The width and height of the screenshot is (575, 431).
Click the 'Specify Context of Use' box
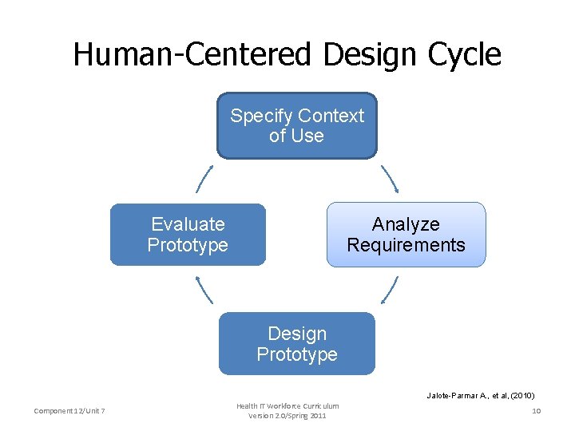click(x=296, y=126)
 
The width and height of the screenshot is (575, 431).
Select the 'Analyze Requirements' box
click(x=406, y=235)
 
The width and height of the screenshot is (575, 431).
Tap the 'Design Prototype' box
click(x=296, y=343)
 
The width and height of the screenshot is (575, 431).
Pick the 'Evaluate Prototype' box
click(x=188, y=235)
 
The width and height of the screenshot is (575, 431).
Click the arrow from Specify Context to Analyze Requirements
click(x=390, y=179)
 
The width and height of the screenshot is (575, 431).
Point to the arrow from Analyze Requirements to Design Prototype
click(x=390, y=289)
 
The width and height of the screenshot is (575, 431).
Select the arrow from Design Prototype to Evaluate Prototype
click(x=204, y=289)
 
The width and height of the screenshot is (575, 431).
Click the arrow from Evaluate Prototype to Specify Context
click(x=204, y=179)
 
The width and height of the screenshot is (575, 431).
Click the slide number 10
click(x=537, y=411)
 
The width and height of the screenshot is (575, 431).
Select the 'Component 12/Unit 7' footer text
click(x=70, y=411)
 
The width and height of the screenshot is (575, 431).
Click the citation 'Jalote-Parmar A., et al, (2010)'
click(x=480, y=395)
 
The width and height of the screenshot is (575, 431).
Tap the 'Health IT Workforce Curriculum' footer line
click(x=287, y=406)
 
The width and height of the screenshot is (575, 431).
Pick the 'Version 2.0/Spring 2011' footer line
click(x=287, y=416)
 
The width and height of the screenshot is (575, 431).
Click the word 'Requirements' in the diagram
click(x=406, y=245)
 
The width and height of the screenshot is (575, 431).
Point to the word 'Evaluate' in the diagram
click(x=188, y=224)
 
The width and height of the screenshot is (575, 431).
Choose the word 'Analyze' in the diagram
click(x=406, y=224)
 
